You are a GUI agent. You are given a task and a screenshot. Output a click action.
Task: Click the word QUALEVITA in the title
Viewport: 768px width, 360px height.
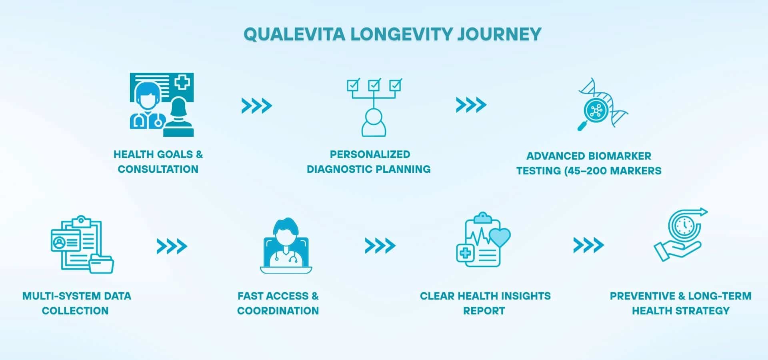click(x=294, y=34)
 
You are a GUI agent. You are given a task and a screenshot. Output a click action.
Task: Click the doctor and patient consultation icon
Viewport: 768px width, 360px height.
click(x=162, y=105)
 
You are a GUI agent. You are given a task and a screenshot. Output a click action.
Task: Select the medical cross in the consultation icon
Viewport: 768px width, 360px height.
click(x=182, y=82)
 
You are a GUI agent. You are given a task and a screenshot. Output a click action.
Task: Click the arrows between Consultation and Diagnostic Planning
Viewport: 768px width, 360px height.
click(x=257, y=106)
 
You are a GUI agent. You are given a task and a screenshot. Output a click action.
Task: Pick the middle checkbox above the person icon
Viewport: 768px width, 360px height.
click(x=374, y=85)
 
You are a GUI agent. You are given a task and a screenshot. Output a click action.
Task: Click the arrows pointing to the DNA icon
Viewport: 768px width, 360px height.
click(x=471, y=105)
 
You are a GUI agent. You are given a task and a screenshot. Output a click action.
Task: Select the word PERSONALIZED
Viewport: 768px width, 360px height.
click(x=370, y=154)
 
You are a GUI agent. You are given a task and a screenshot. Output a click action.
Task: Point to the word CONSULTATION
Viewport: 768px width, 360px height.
click(x=158, y=169)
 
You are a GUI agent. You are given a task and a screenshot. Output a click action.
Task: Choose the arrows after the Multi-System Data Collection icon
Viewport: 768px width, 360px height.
click(x=172, y=246)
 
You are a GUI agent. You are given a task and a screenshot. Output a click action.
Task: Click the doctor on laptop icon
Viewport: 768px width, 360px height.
click(x=286, y=246)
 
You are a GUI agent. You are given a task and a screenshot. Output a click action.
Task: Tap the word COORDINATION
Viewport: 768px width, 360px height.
click(x=278, y=311)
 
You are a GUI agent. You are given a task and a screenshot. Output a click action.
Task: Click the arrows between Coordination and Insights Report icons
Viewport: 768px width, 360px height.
click(x=380, y=246)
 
